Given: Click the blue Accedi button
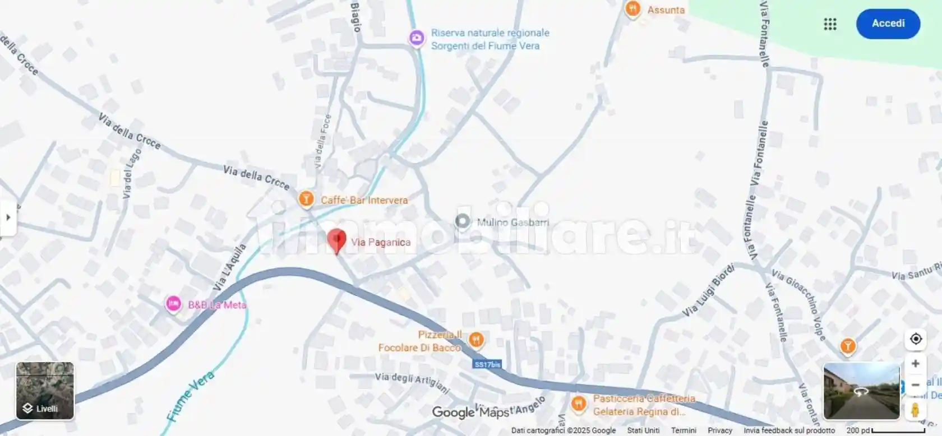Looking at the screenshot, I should (x=888, y=24).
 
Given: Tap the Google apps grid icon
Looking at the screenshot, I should (x=830, y=24).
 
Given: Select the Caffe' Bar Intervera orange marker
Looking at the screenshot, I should (x=306, y=198).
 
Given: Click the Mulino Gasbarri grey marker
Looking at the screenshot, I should (x=463, y=221).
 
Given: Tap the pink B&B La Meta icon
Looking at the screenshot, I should (x=173, y=304).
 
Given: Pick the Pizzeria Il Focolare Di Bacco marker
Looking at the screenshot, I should (x=476, y=339).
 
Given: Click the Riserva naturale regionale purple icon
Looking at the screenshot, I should (x=416, y=38).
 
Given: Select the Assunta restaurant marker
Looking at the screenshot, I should (x=632, y=9).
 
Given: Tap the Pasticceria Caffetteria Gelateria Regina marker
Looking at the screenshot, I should (x=579, y=403).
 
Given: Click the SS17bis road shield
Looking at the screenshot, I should (x=487, y=364).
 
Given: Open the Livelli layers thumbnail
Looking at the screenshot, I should (x=45, y=391).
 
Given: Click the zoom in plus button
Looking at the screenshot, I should (x=915, y=364).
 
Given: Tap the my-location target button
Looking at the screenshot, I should (x=916, y=339).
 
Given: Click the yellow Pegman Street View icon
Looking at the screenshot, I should (x=915, y=409).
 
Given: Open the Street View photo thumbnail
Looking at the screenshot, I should (x=861, y=391).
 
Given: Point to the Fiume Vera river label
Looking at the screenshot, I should (x=190, y=396).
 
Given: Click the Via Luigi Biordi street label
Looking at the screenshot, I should (x=708, y=291).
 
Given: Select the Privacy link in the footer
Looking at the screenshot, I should (x=720, y=430).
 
